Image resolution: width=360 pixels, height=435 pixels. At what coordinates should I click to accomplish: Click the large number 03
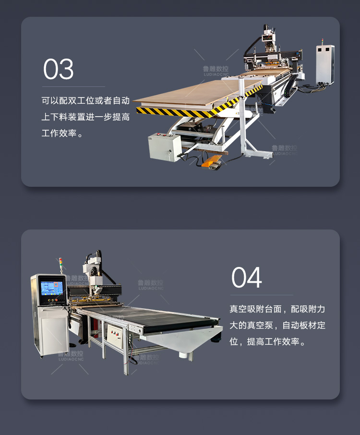click(x=58, y=69)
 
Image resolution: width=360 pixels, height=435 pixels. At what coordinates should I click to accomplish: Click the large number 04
click(x=247, y=278)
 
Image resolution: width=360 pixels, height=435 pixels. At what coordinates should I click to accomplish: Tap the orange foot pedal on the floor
click(x=212, y=161)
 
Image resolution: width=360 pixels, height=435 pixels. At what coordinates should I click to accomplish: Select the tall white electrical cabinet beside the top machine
click(x=325, y=64)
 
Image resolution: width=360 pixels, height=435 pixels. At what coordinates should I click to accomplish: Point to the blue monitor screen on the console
click(x=52, y=288)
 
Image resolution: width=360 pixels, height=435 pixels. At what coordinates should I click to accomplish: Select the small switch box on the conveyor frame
click(x=115, y=336)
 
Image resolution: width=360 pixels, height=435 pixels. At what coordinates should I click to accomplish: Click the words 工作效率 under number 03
click(x=59, y=133)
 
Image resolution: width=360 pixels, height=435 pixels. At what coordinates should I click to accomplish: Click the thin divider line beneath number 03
click(x=73, y=87)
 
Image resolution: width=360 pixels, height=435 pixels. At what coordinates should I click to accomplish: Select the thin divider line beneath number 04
click(x=262, y=295)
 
